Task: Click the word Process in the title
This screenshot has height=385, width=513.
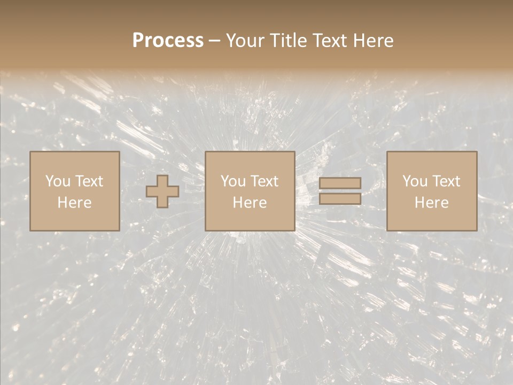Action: tap(168, 41)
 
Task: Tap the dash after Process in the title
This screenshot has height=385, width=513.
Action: tap(215, 41)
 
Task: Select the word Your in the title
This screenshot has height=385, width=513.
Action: tap(243, 41)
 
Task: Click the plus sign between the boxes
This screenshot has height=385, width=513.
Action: tap(162, 191)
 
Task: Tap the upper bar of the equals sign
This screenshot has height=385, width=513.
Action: tap(340, 183)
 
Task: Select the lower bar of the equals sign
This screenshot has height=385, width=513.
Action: tap(340, 198)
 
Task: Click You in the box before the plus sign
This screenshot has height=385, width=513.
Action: tap(57, 181)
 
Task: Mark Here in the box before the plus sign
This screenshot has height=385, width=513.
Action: tap(74, 203)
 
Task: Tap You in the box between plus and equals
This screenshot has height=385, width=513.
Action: tap(232, 181)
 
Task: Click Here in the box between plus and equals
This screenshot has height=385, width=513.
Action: tap(250, 203)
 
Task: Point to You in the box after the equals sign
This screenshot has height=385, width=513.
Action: tap(414, 181)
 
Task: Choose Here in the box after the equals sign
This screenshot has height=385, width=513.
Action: tap(431, 203)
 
